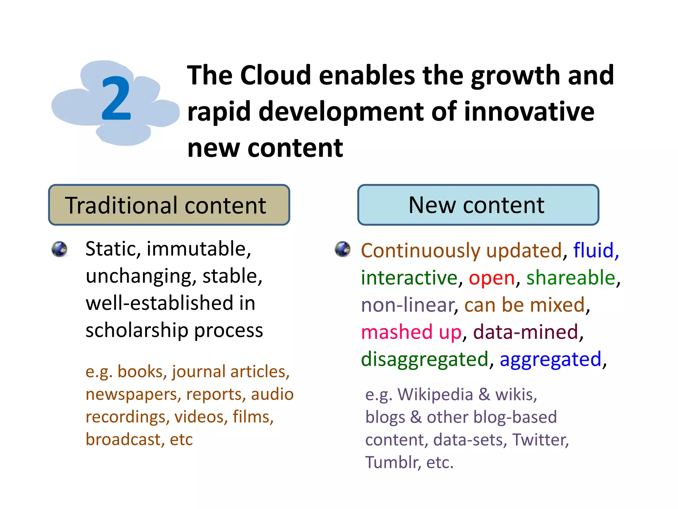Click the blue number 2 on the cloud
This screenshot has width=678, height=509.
click(x=116, y=99)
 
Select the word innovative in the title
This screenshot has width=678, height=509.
click(x=529, y=112)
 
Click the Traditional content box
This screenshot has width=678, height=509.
click(x=169, y=205)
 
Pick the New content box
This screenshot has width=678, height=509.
click(x=478, y=205)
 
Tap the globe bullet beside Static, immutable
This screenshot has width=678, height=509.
click(x=60, y=249)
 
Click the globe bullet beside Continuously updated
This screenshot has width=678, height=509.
click(x=342, y=249)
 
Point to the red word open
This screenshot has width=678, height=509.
click(x=492, y=278)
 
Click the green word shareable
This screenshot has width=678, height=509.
click(x=570, y=278)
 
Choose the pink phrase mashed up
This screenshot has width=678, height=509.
click(x=411, y=332)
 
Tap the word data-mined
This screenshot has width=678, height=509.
click(x=525, y=332)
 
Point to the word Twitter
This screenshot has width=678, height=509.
click(x=540, y=440)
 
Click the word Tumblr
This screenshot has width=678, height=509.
click(x=392, y=462)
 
